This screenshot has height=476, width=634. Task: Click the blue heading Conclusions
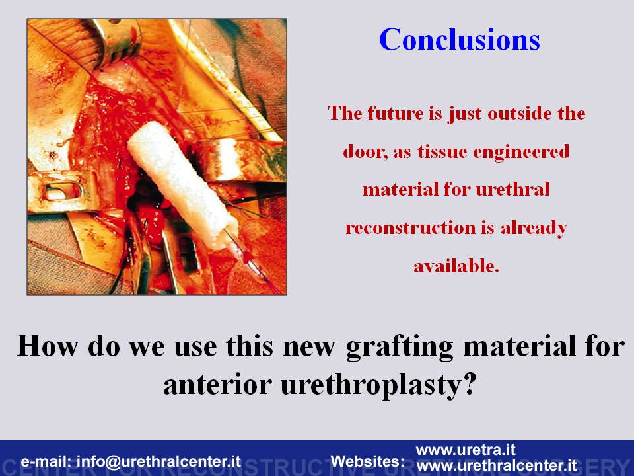click(460, 39)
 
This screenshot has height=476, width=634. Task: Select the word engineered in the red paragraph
click(521, 152)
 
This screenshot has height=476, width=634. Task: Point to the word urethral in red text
click(512, 190)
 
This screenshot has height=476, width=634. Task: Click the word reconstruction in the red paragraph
click(410, 228)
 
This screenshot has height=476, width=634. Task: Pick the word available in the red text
click(456, 266)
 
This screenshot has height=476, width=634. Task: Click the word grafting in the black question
click(400, 347)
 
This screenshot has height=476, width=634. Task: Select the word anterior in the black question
click(217, 385)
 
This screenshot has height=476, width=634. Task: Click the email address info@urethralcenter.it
click(158, 461)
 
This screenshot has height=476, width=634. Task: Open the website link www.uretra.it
click(466, 450)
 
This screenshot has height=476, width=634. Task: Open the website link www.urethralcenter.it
click(497, 465)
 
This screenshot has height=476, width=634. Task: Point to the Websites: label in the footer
click(367, 461)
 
